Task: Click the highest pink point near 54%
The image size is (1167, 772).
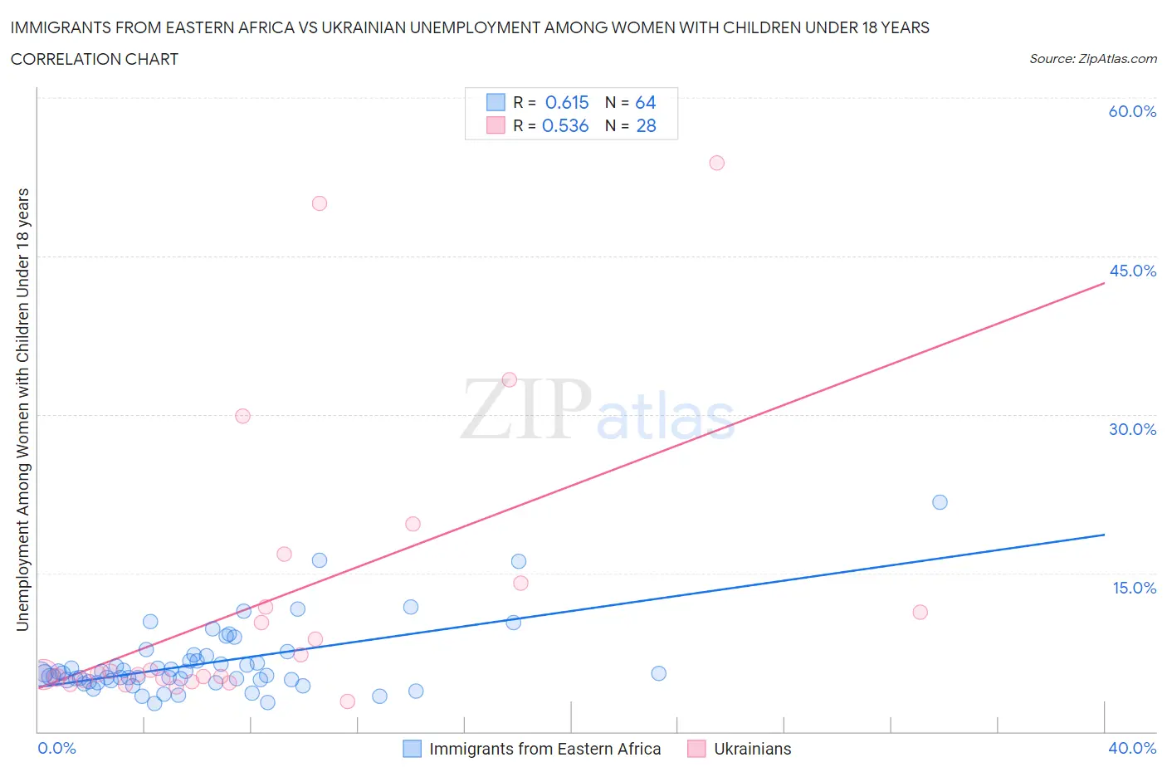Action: pos(716,163)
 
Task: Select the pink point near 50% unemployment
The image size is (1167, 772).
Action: pos(319,203)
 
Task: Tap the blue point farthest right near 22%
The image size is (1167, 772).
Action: pos(940,502)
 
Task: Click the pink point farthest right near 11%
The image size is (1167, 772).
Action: pos(920,612)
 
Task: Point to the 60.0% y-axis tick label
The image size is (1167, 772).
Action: pos(1132,111)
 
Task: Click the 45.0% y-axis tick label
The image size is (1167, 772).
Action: pos(1132,271)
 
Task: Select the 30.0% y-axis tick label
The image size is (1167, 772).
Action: pos(1132,429)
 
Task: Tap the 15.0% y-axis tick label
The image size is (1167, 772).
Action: pos(1134,588)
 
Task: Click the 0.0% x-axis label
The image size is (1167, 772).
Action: pos(56,748)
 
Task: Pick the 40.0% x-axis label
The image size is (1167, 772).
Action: pos(1132,748)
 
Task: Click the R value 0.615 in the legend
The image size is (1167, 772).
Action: pos(567,102)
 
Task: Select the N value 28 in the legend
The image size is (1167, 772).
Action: pos(646,125)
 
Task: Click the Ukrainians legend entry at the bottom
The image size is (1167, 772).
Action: pos(752,749)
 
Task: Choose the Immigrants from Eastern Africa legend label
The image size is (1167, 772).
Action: pos(544,749)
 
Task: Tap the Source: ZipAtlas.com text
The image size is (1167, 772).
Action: pos(1092,59)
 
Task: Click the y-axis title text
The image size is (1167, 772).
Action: pos(22,409)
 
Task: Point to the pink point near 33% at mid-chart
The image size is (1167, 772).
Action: pos(510,379)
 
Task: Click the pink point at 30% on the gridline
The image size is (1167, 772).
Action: pos(242,416)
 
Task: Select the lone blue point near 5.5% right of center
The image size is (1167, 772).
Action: pos(658,673)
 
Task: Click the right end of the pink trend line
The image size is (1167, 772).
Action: pos(1104,283)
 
